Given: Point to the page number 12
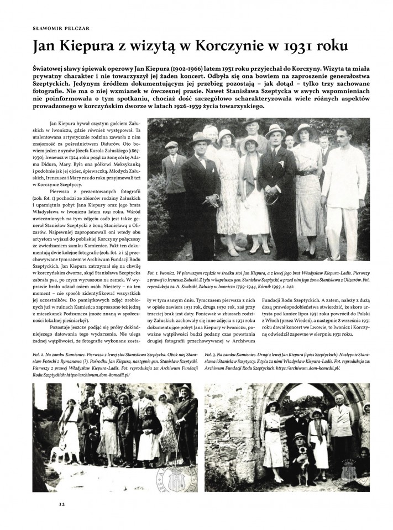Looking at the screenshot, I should pos(62,505).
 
